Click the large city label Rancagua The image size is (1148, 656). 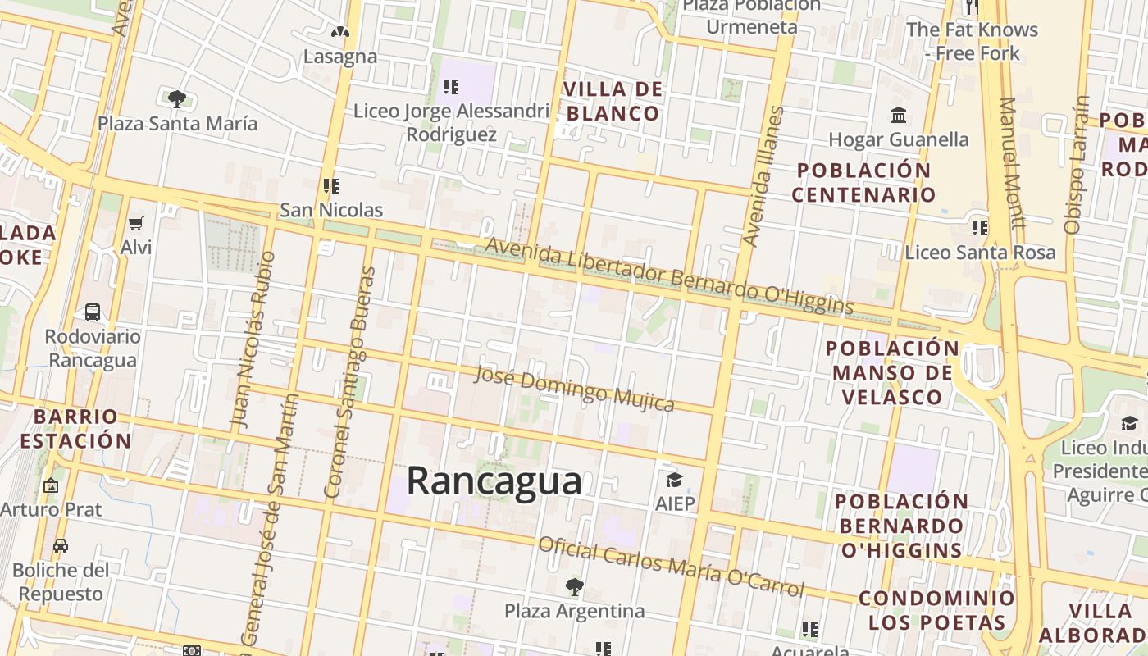494,481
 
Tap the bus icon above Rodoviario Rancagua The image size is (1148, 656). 93,312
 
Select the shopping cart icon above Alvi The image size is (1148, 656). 136,223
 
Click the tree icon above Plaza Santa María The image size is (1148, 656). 176,99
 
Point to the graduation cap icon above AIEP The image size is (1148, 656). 674,480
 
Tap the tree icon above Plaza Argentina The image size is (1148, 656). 574,587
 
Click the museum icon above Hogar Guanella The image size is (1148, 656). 899,115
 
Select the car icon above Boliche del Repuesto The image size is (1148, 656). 61,546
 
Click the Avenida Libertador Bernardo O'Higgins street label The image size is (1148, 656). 669,276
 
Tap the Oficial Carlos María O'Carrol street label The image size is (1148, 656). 672,567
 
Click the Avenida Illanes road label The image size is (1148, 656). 763,176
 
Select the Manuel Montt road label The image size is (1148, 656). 1013,164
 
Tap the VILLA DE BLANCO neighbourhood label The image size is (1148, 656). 613,101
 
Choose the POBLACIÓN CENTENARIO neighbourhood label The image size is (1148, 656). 863,182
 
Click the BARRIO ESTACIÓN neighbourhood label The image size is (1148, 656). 75,428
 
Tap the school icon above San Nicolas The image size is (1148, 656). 331,186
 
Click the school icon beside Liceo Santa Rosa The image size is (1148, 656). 980,227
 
